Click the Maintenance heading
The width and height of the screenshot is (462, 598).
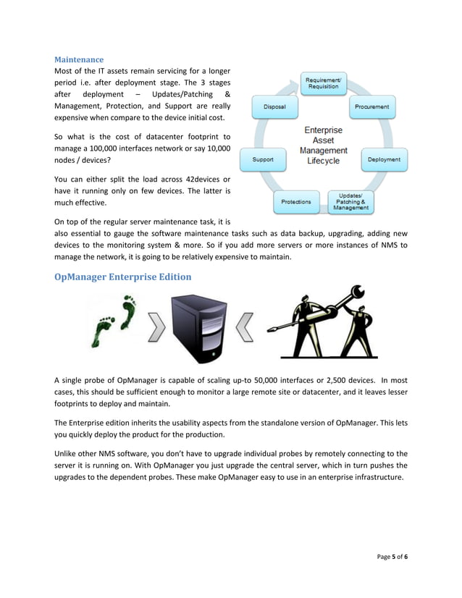(x=79, y=59)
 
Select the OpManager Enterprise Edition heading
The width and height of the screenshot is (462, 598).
(x=122, y=277)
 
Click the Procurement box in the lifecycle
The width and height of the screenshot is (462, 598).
(x=371, y=106)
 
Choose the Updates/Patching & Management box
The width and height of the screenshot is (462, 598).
(x=350, y=202)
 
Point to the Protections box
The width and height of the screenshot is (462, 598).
(x=296, y=201)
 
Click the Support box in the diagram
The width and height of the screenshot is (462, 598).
(x=262, y=159)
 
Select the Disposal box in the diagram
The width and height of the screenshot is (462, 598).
(x=274, y=106)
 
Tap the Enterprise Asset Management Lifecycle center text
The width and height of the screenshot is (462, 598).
(x=323, y=146)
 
